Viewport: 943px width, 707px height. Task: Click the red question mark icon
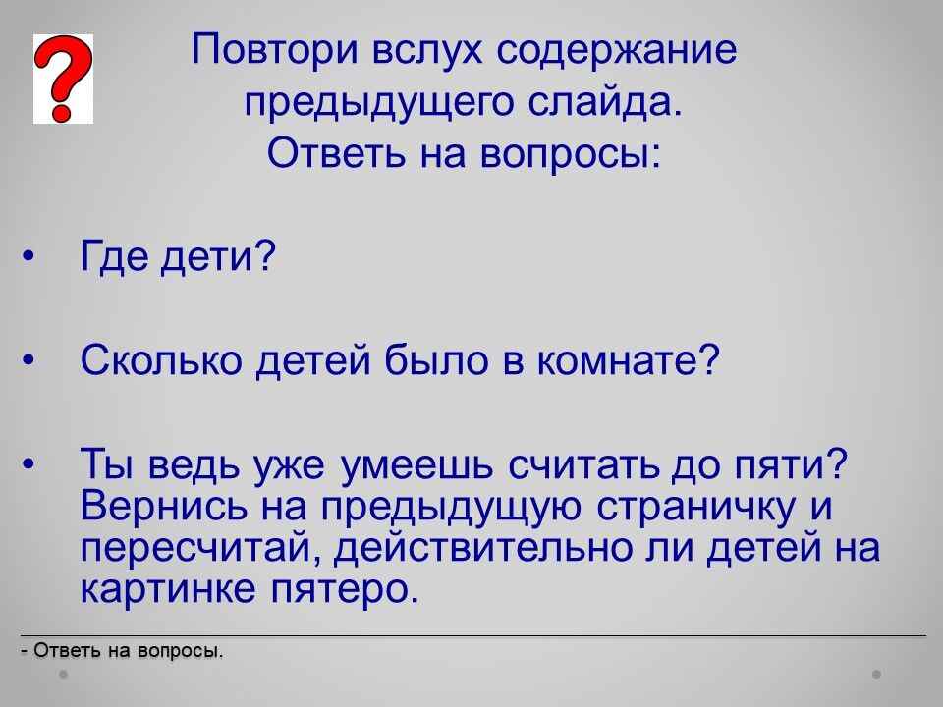(x=63, y=79)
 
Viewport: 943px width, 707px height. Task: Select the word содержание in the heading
(x=617, y=51)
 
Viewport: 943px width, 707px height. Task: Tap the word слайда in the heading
(x=605, y=101)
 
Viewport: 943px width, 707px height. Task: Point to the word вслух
(x=427, y=51)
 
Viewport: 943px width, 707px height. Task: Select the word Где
(x=114, y=256)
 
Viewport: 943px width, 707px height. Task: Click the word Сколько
(x=161, y=359)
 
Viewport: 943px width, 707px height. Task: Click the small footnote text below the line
(x=122, y=650)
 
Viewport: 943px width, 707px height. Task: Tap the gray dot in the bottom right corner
(x=877, y=674)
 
